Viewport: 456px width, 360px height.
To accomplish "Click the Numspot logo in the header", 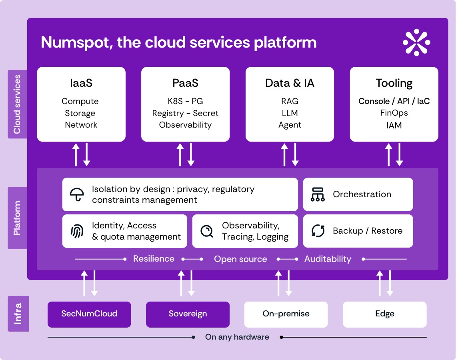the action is click(416, 42).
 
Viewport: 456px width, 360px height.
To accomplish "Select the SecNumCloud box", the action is click(89, 314).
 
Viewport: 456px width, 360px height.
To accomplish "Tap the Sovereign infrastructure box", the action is click(188, 314).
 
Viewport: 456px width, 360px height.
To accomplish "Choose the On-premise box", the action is click(286, 314).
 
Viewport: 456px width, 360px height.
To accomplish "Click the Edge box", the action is click(385, 314).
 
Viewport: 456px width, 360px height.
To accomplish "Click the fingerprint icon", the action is click(77, 231).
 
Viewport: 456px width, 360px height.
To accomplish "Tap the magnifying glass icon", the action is click(207, 231).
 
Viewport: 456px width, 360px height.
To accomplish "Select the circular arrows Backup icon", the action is click(318, 231).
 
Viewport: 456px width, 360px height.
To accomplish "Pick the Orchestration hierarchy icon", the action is click(318, 194).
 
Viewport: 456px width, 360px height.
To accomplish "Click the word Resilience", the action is click(154, 259).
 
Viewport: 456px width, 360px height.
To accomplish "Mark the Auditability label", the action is click(328, 259).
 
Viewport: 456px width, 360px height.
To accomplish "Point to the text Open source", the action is click(240, 259).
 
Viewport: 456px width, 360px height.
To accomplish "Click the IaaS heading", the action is click(81, 83).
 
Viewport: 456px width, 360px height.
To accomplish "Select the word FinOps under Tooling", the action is click(394, 113).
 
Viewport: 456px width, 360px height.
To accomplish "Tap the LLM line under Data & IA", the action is click(290, 113).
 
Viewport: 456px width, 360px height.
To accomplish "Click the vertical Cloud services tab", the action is click(18, 104).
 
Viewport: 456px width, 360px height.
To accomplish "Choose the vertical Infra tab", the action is click(18, 314).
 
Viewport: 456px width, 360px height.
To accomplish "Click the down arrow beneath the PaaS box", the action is click(191, 154).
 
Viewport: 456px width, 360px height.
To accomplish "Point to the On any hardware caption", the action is click(237, 337).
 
